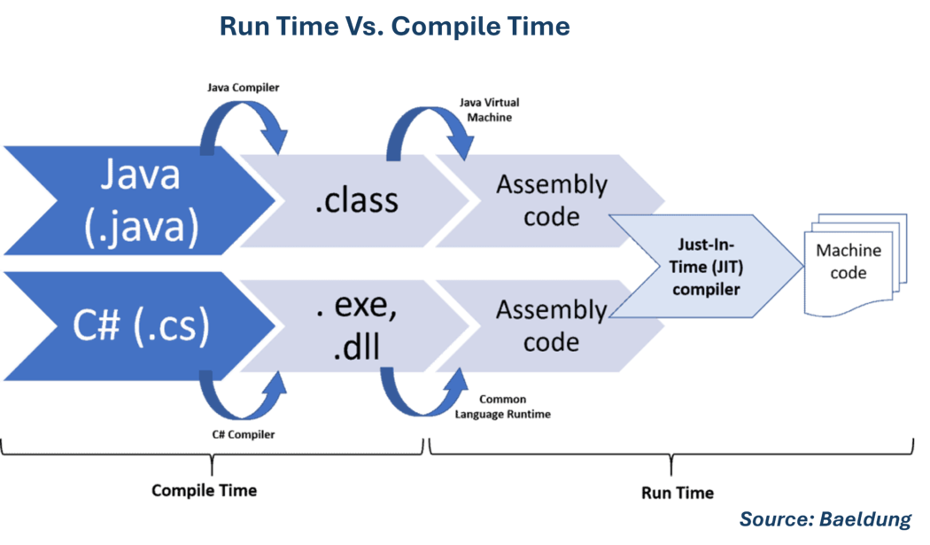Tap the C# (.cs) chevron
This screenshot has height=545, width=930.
tap(133, 326)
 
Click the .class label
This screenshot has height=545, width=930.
tap(356, 200)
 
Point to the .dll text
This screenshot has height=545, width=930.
tap(356, 347)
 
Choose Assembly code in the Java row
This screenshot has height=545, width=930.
tap(551, 199)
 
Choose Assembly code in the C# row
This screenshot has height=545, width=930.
tap(551, 325)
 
